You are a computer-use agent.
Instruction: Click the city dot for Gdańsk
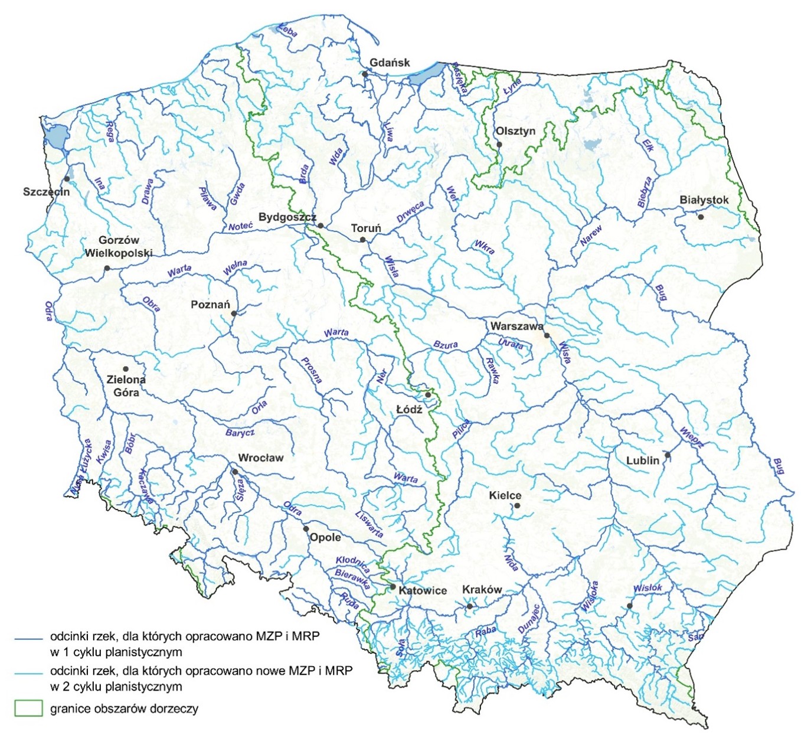365,74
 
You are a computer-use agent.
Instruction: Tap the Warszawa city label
516,326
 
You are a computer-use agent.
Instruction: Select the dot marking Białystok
701,217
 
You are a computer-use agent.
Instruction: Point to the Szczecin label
46,192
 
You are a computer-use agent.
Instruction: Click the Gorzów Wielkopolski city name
118,247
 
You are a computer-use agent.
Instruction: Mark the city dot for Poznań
234,313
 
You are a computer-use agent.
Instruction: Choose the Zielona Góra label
126,386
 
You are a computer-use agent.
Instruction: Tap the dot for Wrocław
235,472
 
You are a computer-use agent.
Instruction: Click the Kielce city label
505,495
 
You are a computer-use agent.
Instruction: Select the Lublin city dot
667,455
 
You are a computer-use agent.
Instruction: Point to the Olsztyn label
515,131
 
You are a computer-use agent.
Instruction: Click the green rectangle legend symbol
28,708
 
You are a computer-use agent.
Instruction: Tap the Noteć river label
240,227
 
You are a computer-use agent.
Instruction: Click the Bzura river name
446,344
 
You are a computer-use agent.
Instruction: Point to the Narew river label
591,236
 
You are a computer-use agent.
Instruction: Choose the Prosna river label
311,370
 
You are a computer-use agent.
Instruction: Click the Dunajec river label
529,620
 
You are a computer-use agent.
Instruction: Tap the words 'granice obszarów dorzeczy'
124,709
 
